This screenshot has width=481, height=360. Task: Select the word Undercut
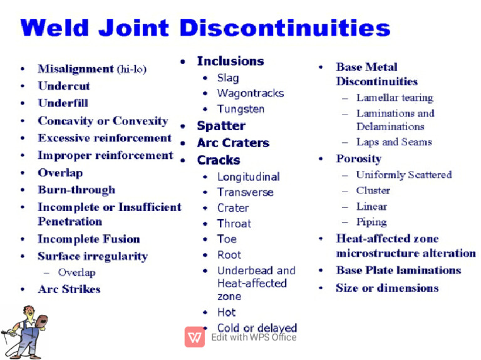tap(64, 86)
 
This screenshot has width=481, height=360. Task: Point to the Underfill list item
tap(63, 103)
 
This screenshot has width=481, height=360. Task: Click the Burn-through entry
tap(76, 190)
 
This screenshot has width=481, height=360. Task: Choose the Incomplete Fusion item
tap(88, 239)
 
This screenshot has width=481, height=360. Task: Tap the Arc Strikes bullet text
tap(69, 289)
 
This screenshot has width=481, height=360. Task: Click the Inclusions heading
tap(230, 61)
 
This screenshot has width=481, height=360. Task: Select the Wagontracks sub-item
tap(250, 93)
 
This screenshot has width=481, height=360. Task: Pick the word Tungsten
tap(240, 109)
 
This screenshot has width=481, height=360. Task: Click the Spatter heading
tap(221, 126)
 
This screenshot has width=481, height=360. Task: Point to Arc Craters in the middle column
tap(232, 143)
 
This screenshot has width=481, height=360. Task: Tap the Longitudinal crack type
tap(248, 177)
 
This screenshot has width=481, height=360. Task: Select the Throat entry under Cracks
tap(234, 224)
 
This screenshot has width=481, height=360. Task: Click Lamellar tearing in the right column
tap(395, 98)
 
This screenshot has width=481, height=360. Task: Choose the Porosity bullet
tap(358, 158)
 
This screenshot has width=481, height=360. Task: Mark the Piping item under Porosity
tap(371, 222)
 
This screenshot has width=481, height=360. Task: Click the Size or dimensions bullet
tap(386, 288)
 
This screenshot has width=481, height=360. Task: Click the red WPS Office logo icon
tap(195, 337)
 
